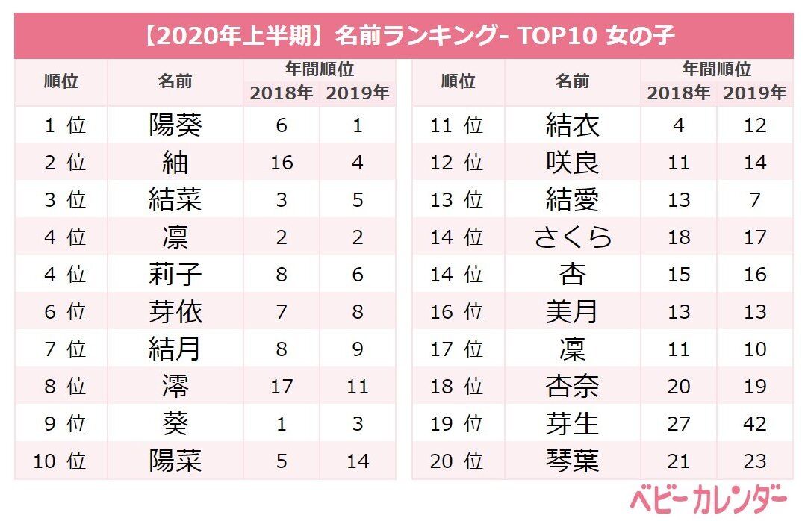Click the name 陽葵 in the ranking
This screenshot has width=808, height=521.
pos(175,125)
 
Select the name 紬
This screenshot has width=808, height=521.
pos(175,163)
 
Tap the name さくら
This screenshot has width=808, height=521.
pos(573,237)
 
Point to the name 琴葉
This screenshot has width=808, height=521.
pos(573,461)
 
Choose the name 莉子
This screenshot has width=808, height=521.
pos(175,275)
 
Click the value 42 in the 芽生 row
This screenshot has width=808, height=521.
pos(755,424)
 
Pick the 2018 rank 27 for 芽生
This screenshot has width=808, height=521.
pos(678,424)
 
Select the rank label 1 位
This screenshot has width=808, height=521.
pos(64,125)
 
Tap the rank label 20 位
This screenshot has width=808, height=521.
pos(456,461)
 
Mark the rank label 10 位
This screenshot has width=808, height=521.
pos(60,461)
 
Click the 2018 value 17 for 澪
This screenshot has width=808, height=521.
pos(282,387)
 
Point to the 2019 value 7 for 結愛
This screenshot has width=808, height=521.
pos(755,200)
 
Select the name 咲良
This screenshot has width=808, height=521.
pos(573,163)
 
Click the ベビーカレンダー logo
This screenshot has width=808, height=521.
pos(708,499)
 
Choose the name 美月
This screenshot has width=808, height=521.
pos(573,312)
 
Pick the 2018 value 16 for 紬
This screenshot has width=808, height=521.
pos(282,163)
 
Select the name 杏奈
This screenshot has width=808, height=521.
pos(573,387)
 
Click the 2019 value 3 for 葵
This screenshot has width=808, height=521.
pos(358,424)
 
